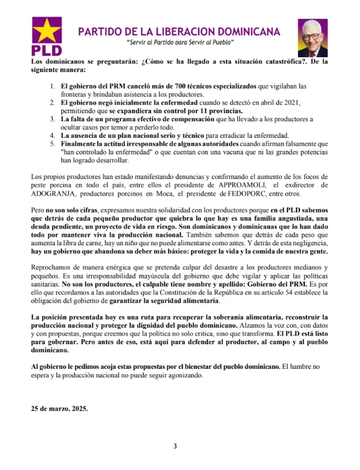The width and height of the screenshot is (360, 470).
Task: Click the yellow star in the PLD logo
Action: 47,32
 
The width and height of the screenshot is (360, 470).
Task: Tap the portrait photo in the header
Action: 312,37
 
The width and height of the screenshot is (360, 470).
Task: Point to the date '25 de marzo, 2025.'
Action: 60,409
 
